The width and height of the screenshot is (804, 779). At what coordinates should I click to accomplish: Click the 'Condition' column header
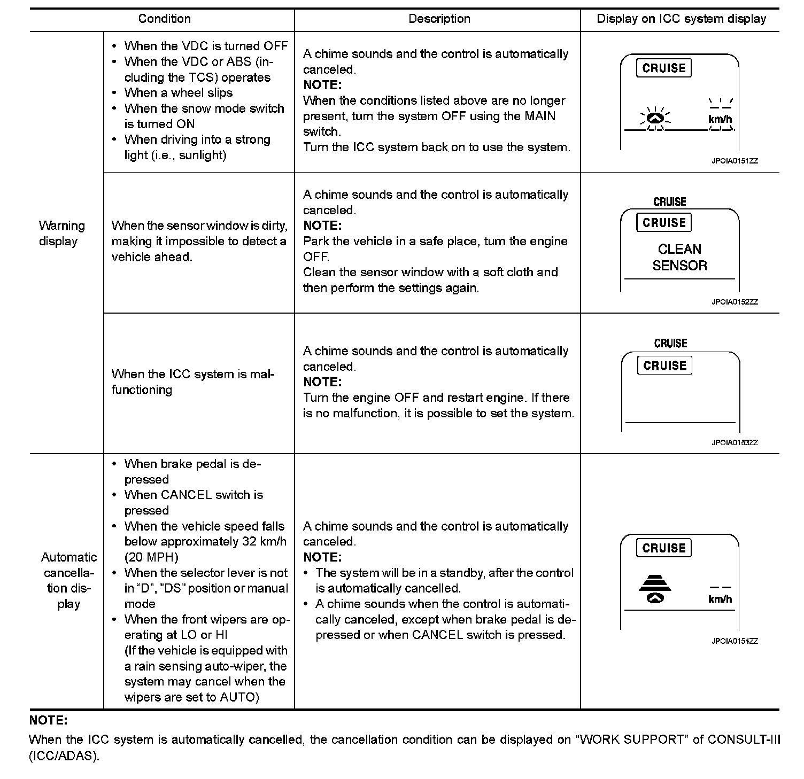coord(164,19)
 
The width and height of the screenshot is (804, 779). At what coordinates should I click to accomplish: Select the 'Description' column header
coord(439,19)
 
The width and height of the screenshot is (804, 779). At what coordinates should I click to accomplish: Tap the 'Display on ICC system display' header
coord(681,19)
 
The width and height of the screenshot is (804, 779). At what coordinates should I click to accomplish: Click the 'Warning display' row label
coord(61,233)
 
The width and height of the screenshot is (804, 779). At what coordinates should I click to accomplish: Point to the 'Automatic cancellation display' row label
coord(69,580)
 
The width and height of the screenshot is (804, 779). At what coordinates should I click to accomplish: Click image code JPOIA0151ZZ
coord(734,161)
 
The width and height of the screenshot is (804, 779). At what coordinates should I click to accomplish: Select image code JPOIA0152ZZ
coord(734,302)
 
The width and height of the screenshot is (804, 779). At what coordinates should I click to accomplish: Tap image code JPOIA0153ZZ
coord(734,442)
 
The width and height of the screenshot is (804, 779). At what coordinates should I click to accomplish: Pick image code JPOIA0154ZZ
coord(734,641)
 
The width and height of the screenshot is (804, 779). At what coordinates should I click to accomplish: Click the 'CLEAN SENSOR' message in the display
coord(679,258)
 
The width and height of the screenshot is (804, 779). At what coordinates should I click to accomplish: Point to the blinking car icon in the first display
coord(655,119)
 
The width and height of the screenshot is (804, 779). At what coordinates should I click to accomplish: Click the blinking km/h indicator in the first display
coord(720,118)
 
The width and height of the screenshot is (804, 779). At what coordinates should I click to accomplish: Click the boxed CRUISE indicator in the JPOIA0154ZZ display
coord(663,548)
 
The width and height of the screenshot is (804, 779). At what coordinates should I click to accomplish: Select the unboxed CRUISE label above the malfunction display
coord(670,344)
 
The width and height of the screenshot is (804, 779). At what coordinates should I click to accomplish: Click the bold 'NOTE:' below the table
coord(48,720)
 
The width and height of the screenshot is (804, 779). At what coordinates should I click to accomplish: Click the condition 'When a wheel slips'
coord(178,93)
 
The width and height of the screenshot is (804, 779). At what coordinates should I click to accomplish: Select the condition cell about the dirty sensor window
coord(199,242)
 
